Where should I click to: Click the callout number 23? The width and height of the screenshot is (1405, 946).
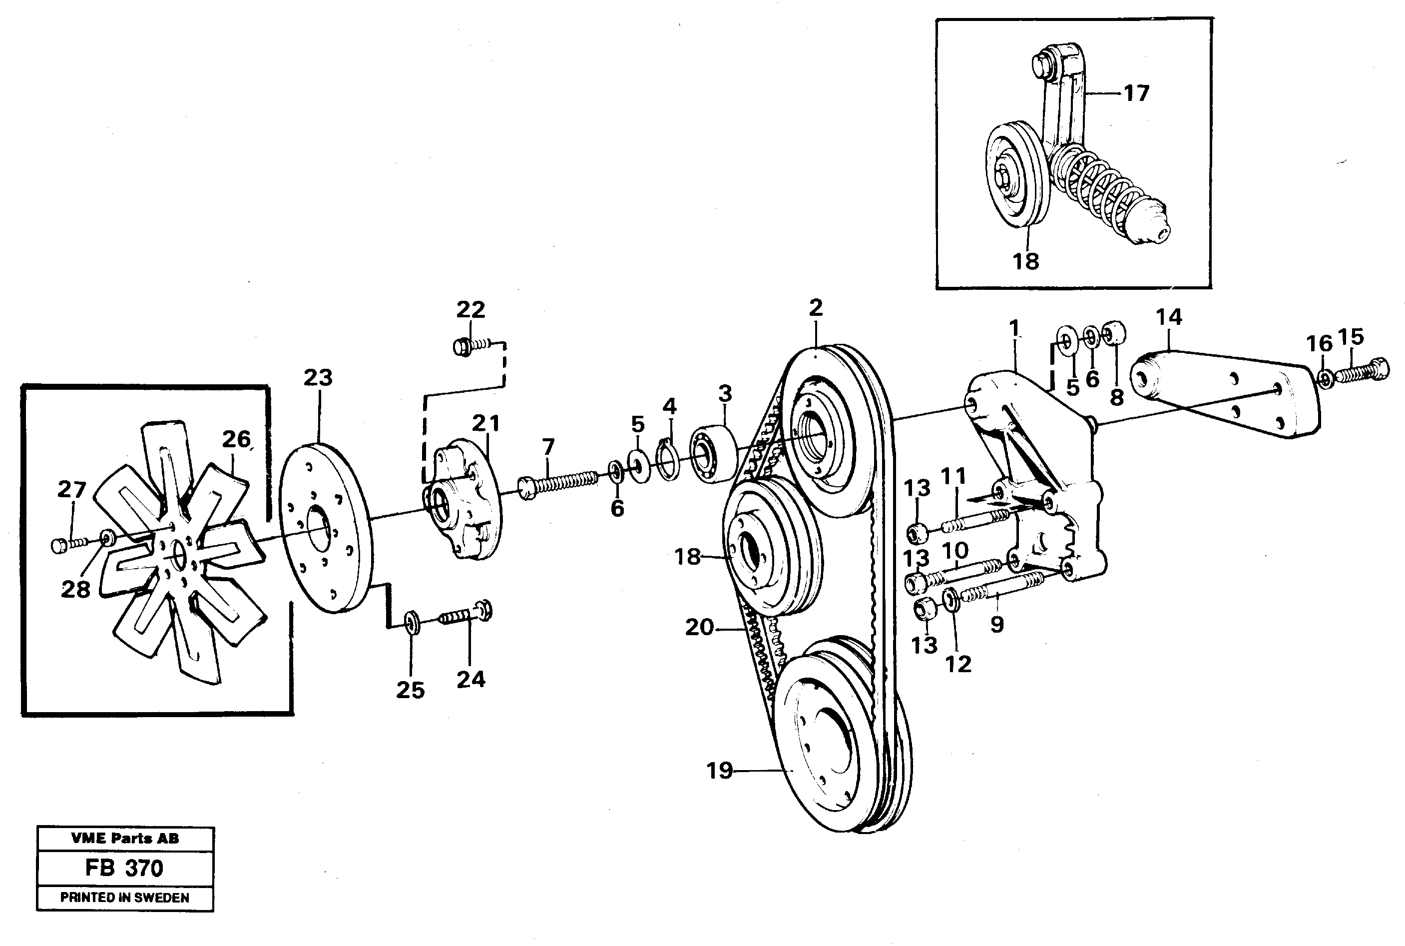[317, 378]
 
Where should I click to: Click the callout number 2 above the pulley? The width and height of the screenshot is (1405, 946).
[815, 308]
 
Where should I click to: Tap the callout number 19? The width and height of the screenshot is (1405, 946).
[719, 771]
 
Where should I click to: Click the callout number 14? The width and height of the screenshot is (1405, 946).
[1169, 317]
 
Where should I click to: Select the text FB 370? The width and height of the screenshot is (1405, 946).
[124, 868]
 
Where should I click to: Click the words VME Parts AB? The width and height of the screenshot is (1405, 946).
[124, 838]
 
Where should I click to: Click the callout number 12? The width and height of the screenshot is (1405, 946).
[957, 665]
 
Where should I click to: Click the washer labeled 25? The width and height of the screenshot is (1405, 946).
[411, 622]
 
